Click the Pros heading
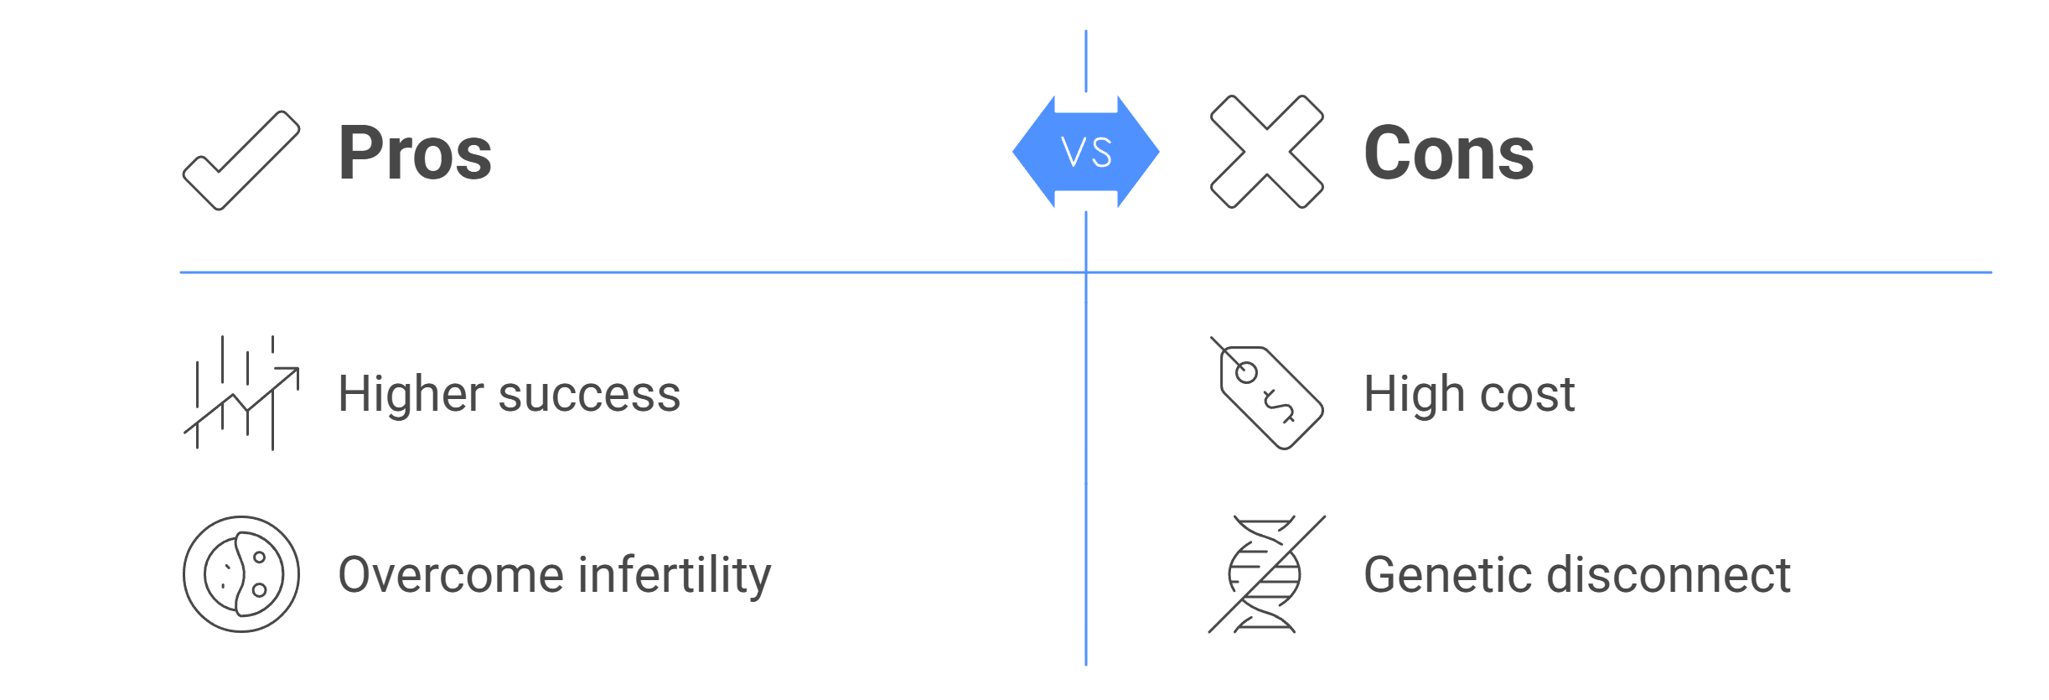415,153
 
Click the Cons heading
1448,153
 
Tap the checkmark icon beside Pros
241,159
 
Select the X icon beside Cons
1266,152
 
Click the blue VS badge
1085,152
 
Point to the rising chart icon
241,393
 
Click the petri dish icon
241,574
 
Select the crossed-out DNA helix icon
1266,574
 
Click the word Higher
411,394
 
